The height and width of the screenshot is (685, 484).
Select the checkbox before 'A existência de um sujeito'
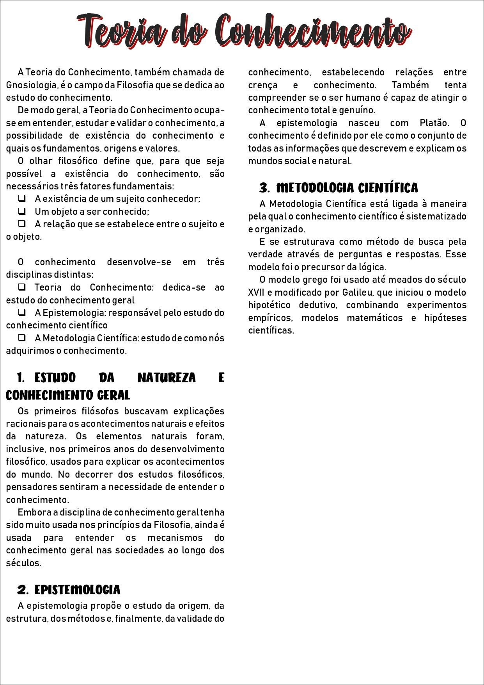click(x=22, y=198)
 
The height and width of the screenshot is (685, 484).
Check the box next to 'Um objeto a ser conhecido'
click(x=22, y=211)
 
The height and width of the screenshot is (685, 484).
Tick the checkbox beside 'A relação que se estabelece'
click(x=22, y=224)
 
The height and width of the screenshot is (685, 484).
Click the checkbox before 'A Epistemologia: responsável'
click(x=22, y=312)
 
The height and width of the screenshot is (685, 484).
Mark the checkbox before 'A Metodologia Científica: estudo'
click(x=22, y=338)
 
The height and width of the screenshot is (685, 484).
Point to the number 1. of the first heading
click(x=21, y=378)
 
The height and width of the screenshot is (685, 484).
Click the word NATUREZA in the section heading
click(x=167, y=378)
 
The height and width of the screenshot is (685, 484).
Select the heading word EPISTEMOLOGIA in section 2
click(x=77, y=590)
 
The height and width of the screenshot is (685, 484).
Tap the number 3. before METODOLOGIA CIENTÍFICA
click(x=264, y=188)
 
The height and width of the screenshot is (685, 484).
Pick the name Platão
click(x=434, y=123)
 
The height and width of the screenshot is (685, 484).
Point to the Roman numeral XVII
click(x=256, y=293)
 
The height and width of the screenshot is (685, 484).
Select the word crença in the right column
click(x=263, y=85)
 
